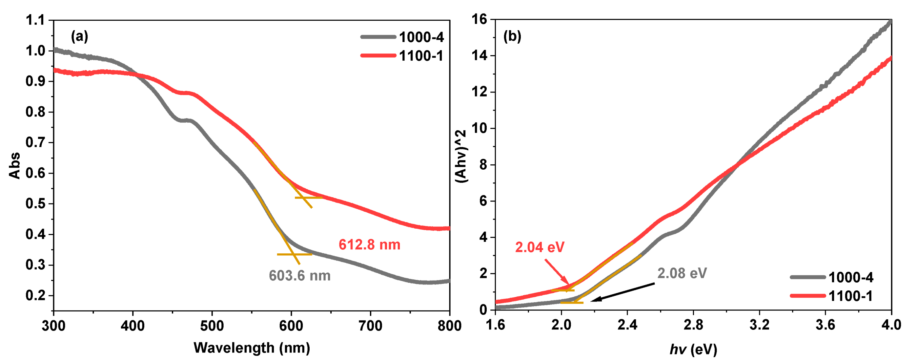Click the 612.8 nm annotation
(x=369, y=244)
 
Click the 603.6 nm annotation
(x=299, y=276)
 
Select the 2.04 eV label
(x=540, y=247)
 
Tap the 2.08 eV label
(x=682, y=273)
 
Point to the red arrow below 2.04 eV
(x=558, y=272)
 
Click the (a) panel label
(x=79, y=36)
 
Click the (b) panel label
(x=512, y=36)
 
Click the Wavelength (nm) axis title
(x=252, y=348)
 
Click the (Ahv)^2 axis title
(x=461, y=157)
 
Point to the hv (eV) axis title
(x=693, y=349)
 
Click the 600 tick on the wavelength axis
(x=291, y=326)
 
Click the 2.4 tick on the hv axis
(x=627, y=325)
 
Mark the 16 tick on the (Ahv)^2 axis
(x=479, y=19)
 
